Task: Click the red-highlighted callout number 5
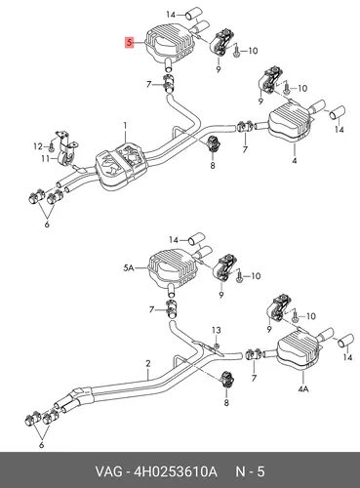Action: pyautogui.click(x=130, y=43)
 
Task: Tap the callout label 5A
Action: pyautogui.click(x=129, y=268)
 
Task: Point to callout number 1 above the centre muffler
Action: pyautogui.click(x=125, y=126)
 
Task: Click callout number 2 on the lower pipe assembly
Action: pyautogui.click(x=148, y=363)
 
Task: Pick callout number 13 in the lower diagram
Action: pyautogui.click(x=217, y=330)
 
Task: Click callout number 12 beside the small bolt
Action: pyautogui.click(x=38, y=146)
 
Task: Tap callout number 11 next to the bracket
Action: pyautogui.click(x=45, y=159)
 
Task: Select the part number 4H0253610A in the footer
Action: pyautogui.click(x=175, y=471)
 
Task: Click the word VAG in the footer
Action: pyautogui.click(x=108, y=471)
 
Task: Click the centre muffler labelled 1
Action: pyautogui.click(x=122, y=166)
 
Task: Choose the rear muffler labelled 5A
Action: pyautogui.click(x=173, y=267)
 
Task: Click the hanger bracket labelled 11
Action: pyautogui.click(x=66, y=149)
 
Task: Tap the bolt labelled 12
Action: pyautogui.click(x=52, y=146)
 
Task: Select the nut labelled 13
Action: pyautogui.click(x=217, y=345)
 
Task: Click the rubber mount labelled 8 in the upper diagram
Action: pyautogui.click(x=213, y=143)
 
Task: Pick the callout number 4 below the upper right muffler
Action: pyautogui.click(x=295, y=160)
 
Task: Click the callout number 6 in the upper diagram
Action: pyautogui.click(x=47, y=224)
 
